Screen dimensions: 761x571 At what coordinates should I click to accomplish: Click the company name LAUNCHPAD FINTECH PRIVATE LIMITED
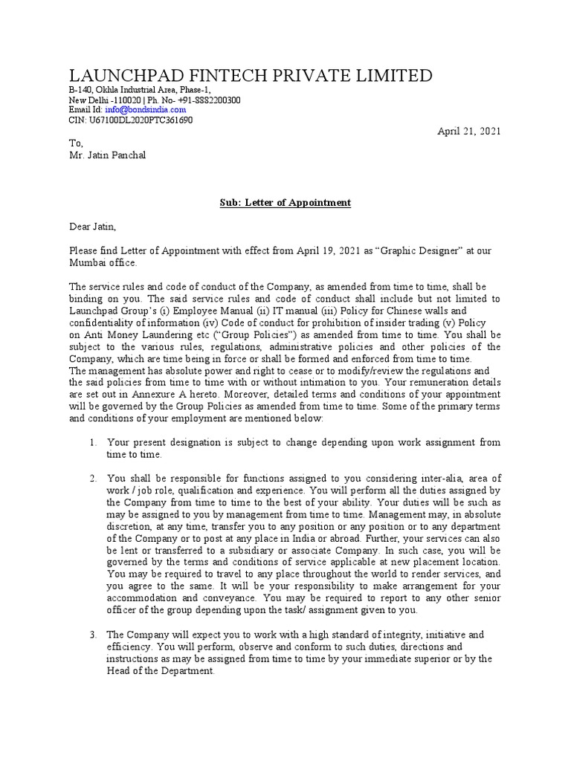pos(251,76)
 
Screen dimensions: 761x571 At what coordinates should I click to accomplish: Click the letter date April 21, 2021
pos(468,131)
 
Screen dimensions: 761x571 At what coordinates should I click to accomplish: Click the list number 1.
pos(93,442)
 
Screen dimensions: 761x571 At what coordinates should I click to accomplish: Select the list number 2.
pos(93,478)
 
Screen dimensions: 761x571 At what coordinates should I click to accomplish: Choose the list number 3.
pos(93,635)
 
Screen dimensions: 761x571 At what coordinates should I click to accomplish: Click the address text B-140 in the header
pos(82,90)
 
